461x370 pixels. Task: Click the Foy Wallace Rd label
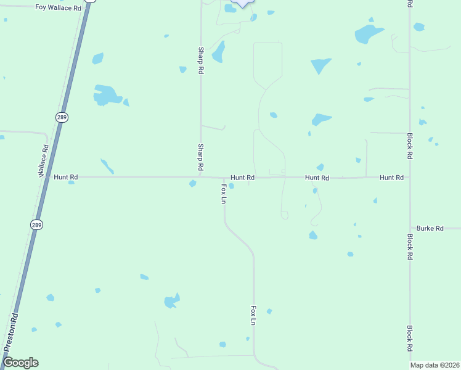pyautogui.click(x=58, y=8)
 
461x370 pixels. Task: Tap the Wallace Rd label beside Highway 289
pyautogui.click(x=44, y=161)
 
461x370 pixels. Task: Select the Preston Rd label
pyautogui.click(x=10, y=332)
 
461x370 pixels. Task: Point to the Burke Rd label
pyautogui.click(x=430, y=228)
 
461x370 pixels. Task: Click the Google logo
pyautogui.click(x=20, y=363)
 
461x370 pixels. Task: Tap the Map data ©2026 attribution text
pyautogui.click(x=434, y=365)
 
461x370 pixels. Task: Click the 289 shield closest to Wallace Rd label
pyautogui.click(x=61, y=117)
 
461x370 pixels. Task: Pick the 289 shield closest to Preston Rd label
pyautogui.click(x=37, y=225)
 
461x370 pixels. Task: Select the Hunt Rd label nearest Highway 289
pyautogui.click(x=65, y=177)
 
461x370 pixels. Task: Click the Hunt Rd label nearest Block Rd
pyautogui.click(x=391, y=178)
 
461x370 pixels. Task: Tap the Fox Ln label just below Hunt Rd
pyautogui.click(x=224, y=193)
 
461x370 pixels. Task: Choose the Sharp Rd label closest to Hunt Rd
pyautogui.click(x=200, y=157)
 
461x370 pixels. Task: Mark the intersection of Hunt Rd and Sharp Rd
pyautogui.click(x=200, y=177)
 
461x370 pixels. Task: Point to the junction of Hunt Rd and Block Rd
pyautogui.click(x=410, y=178)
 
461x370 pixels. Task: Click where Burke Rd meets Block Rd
pyautogui.click(x=410, y=228)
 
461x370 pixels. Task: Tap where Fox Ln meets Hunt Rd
pyautogui.click(x=224, y=178)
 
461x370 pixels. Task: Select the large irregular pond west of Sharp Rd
pyautogui.click(x=107, y=95)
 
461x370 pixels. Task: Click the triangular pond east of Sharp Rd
pyautogui.click(x=320, y=65)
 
